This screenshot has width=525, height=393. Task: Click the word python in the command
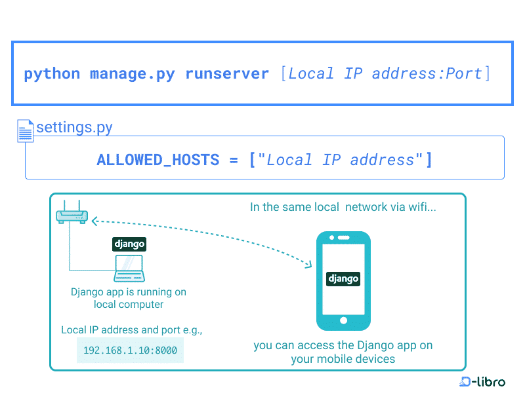[52, 74]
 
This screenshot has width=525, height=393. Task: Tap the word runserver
[227, 74]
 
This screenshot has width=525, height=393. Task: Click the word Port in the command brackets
[464, 74]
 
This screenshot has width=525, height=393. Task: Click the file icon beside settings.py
[26, 130]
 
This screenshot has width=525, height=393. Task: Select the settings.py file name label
[74, 127]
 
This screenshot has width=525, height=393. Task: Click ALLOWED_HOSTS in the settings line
[157, 160]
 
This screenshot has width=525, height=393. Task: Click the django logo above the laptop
[129, 244]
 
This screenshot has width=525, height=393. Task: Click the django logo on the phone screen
[343, 278]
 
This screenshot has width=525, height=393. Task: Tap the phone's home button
[343, 320]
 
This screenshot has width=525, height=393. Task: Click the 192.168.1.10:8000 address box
[130, 350]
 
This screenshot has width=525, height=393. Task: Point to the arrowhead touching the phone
[308, 263]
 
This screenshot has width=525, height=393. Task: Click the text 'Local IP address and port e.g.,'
[131, 330]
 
